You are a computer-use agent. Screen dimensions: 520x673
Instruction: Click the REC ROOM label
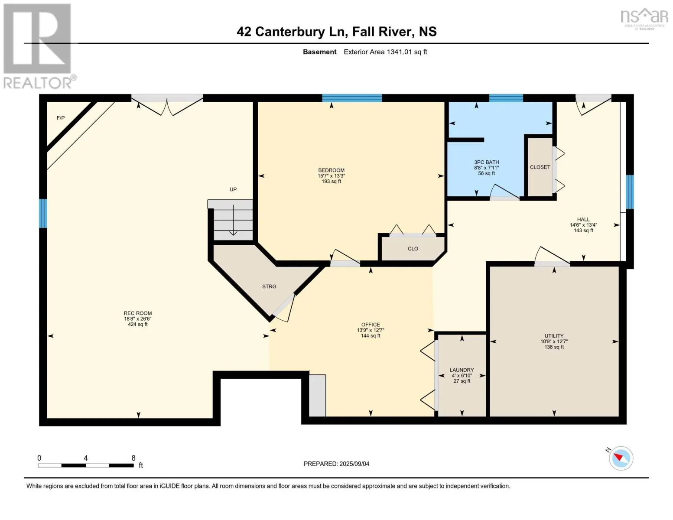(x=138, y=313)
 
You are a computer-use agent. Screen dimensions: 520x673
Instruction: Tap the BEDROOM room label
(x=331, y=170)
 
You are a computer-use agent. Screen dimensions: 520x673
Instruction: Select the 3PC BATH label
(x=486, y=162)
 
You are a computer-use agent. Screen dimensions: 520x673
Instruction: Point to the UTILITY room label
(x=554, y=336)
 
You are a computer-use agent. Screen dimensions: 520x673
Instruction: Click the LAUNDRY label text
(x=462, y=370)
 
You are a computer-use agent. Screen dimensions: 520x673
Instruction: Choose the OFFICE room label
(x=371, y=325)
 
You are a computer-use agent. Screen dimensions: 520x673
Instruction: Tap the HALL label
(x=583, y=219)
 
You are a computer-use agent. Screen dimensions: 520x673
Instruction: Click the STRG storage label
(x=269, y=286)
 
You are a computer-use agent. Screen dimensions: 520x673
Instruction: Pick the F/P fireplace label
(x=61, y=118)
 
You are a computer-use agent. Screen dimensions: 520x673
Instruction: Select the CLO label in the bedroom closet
(x=413, y=249)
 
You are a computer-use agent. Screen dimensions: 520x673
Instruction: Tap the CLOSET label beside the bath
(x=540, y=167)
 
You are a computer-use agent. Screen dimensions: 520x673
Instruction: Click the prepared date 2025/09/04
(x=354, y=464)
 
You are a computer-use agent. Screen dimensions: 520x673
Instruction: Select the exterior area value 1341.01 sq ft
(x=406, y=52)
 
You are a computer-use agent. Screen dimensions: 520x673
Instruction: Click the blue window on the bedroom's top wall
(x=352, y=98)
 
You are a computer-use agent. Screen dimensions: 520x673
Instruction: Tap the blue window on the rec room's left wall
(x=43, y=213)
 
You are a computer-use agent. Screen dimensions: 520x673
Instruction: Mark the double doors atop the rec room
(x=167, y=104)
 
